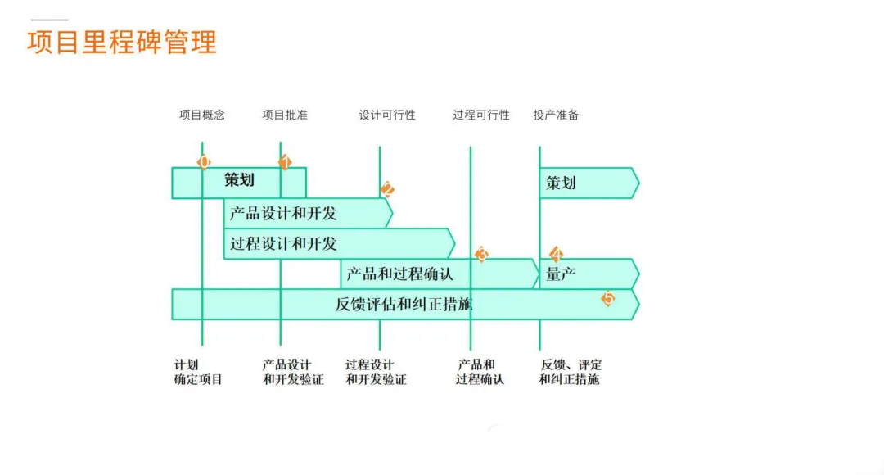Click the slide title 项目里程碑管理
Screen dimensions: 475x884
(x=122, y=42)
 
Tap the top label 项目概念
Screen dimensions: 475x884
(x=202, y=115)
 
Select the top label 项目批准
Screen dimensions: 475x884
(x=285, y=115)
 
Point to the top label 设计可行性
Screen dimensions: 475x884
(x=387, y=115)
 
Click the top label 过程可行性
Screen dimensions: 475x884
(x=481, y=115)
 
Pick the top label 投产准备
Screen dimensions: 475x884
(x=557, y=115)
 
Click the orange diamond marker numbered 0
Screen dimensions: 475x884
(x=204, y=161)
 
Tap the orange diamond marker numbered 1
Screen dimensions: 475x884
(x=285, y=161)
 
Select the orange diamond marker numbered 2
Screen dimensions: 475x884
(x=387, y=189)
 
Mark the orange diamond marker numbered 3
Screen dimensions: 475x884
(x=482, y=254)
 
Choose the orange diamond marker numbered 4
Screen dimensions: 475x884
(x=557, y=254)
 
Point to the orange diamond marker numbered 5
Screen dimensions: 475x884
(x=607, y=298)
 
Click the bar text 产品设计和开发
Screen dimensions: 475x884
(x=283, y=214)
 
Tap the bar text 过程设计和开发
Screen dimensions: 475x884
(x=283, y=244)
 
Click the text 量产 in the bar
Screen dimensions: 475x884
(x=561, y=274)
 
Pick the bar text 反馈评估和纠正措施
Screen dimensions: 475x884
(x=404, y=305)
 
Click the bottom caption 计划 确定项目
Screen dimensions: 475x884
(x=198, y=373)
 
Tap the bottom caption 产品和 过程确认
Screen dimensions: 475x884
(x=480, y=373)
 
